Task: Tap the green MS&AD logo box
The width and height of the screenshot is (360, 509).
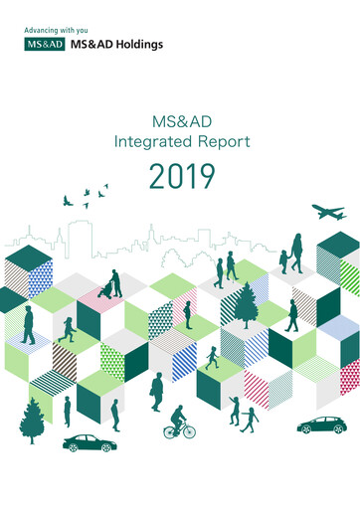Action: (x=41, y=45)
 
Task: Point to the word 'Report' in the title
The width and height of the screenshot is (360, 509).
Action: (x=221, y=141)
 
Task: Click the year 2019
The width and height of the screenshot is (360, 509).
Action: (x=181, y=177)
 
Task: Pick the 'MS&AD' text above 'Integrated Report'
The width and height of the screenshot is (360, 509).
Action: (x=180, y=122)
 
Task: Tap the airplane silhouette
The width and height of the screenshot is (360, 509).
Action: (x=327, y=212)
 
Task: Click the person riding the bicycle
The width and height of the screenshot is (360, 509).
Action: (x=178, y=419)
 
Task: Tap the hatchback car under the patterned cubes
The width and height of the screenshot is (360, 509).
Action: (x=322, y=425)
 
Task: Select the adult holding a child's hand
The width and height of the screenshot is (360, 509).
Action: (x=295, y=253)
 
